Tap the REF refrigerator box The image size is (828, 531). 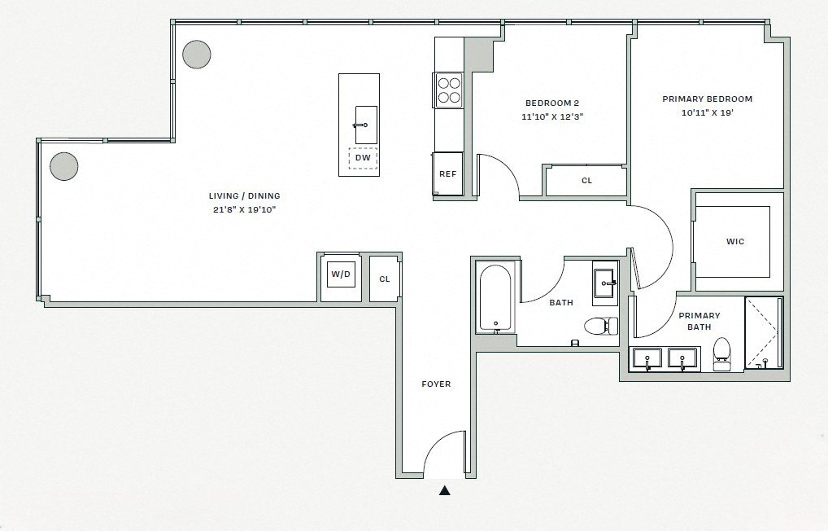pos(447,173)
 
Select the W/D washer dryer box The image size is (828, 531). pos(340,275)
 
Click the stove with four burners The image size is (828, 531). pos(448,90)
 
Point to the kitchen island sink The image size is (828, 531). pos(365,125)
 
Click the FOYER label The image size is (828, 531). pos(436,384)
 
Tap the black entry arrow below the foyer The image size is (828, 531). pos(444,490)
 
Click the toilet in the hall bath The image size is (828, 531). pos(600,326)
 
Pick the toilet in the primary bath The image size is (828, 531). pos(721,353)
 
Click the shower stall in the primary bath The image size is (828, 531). pos(764,332)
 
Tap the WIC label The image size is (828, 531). pos(734,242)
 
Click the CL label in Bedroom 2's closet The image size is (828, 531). pos(586,181)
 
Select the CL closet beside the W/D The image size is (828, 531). pos(385,279)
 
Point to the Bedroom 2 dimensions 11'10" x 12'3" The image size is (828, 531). pos(552,117)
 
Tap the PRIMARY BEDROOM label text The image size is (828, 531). pos(707,99)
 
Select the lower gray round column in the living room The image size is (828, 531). pos(63,166)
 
